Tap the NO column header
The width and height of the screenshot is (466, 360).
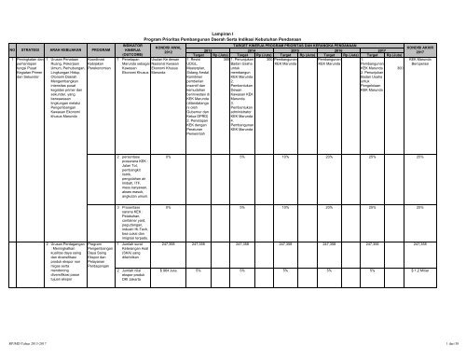click(x=9, y=52)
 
